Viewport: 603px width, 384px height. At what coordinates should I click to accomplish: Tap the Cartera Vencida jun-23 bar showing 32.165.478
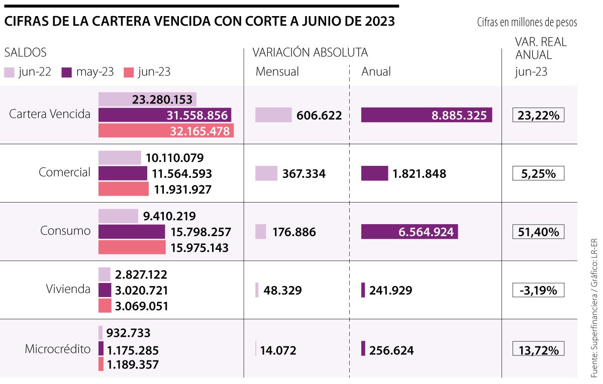pos(166,131)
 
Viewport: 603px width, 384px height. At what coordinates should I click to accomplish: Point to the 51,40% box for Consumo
pos(538,232)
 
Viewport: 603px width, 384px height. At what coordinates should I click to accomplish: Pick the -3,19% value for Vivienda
pos(538,290)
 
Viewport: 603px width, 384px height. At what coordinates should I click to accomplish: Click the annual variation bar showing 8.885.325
pos(426,115)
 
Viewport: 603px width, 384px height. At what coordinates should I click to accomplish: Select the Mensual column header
pos(277,72)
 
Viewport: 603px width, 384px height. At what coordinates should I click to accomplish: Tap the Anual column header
pos(376,72)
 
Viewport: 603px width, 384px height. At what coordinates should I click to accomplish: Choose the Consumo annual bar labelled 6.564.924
pos(409,232)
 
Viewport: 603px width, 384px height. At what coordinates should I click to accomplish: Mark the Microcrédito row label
pos(58,349)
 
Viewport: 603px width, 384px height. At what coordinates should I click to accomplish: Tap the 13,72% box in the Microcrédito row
pos(538,349)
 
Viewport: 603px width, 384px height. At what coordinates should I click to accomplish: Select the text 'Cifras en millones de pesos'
pos(527,23)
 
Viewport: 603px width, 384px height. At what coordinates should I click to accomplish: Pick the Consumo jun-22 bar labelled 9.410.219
pos(118,216)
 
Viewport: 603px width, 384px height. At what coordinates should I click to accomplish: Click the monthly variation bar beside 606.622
pos(273,115)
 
